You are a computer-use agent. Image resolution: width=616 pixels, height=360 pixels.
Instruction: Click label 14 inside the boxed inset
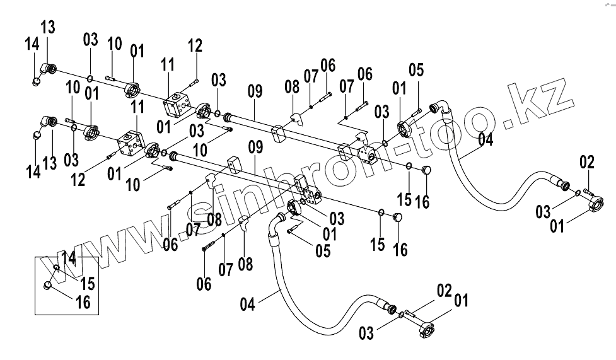click(x=69, y=257)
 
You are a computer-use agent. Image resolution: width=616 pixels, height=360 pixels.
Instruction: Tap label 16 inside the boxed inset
click(x=82, y=302)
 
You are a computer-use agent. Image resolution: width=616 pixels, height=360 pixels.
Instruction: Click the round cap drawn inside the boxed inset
click(x=49, y=287)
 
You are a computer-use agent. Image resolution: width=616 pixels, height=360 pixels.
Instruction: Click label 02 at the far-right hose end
click(x=586, y=163)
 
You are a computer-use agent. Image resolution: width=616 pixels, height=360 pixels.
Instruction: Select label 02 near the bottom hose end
click(x=444, y=291)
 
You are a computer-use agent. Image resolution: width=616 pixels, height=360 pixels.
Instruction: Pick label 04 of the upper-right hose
click(x=484, y=140)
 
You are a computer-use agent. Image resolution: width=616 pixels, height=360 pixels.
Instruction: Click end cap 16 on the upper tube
click(x=426, y=170)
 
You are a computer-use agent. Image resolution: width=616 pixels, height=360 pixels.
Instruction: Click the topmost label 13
click(x=48, y=27)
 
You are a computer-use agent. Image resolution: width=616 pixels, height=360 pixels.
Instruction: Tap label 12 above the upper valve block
click(x=195, y=45)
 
